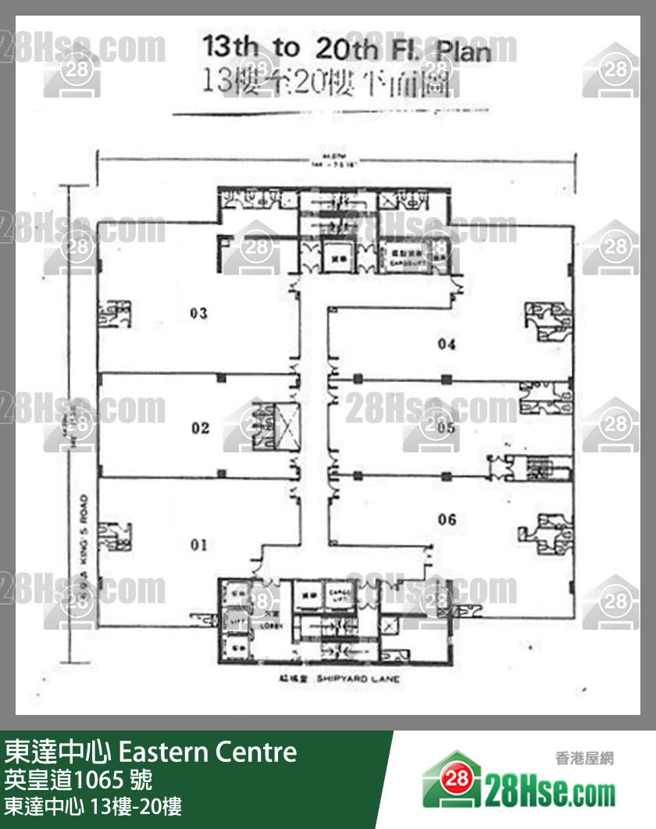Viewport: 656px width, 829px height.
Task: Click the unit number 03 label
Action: click(198, 314)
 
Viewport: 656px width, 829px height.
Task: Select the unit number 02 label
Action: click(201, 427)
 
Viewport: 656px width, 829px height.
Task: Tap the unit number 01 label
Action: click(199, 545)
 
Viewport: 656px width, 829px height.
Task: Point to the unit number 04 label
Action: click(447, 344)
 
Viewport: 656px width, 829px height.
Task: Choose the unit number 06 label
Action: click(447, 520)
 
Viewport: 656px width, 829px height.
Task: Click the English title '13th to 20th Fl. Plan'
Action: click(347, 49)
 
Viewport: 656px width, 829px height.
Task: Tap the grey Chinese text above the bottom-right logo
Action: click(584, 757)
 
